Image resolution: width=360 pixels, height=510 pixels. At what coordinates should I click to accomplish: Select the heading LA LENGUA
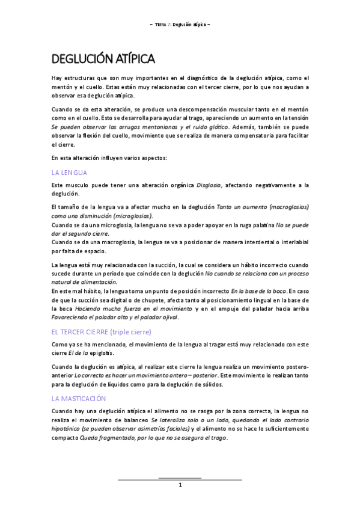click(x=70, y=173)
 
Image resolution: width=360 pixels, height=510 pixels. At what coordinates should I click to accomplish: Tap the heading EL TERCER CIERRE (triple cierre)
click(x=102, y=331)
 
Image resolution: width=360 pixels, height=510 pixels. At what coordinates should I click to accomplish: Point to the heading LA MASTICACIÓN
click(x=79, y=398)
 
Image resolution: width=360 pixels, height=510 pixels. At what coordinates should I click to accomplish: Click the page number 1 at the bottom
click(x=180, y=485)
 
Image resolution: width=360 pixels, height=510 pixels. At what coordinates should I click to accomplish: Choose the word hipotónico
click(x=68, y=429)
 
